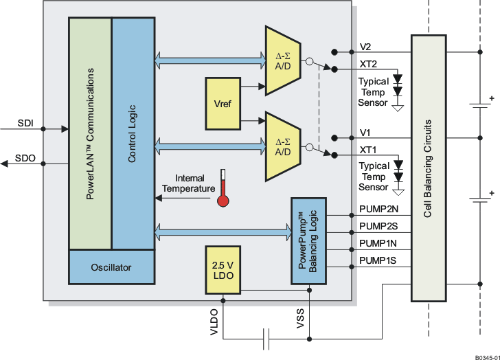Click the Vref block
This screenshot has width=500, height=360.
coord(222,103)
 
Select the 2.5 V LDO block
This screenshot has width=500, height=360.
coord(222,270)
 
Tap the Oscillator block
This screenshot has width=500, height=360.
coord(111,267)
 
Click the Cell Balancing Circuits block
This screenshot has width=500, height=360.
coord(428,168)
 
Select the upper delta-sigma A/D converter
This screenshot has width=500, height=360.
coord(282,61)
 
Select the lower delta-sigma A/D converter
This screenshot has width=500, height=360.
coord(282,146)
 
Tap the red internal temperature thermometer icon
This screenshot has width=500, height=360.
coord(222,188)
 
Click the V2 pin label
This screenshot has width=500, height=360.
coord(366,47)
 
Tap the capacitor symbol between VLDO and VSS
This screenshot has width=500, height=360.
coord(266,338)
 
